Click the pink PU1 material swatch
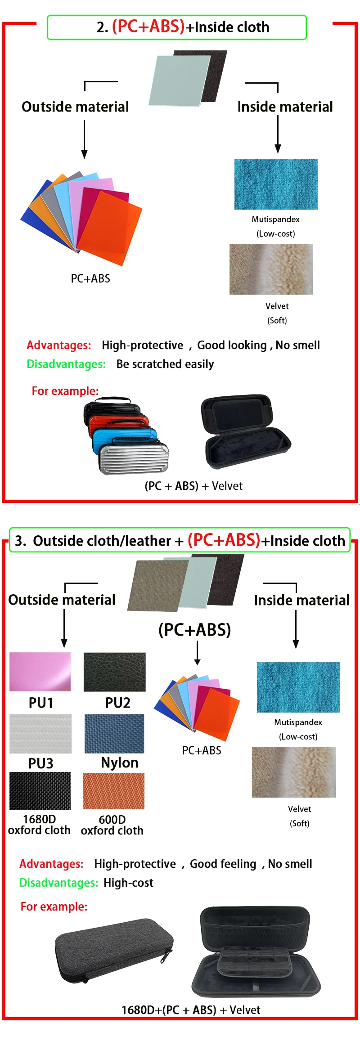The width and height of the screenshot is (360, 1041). click(40, 671)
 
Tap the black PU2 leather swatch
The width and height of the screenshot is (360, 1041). click(115, 672)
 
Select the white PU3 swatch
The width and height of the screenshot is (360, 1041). click(40, 733)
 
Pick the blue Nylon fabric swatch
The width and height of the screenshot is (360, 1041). click(114, 733)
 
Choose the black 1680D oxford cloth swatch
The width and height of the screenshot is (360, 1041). click(40, 791)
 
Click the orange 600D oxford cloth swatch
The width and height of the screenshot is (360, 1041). click(114, 791)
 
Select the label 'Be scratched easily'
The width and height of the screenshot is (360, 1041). click(165, 364)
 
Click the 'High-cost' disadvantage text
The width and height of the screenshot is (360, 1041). click(128, 883)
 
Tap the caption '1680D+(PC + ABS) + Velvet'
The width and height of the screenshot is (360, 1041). click(191, 1010)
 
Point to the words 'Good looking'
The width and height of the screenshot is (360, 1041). click(232, 345)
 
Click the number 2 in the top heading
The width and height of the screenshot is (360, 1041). click(102, 27)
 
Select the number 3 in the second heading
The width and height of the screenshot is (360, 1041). click(19, 540)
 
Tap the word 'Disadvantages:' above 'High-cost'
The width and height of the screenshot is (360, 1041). click(58, 883)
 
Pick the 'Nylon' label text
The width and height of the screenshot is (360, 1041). click(120, 763)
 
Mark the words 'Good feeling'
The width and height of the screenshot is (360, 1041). click(223, 864)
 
